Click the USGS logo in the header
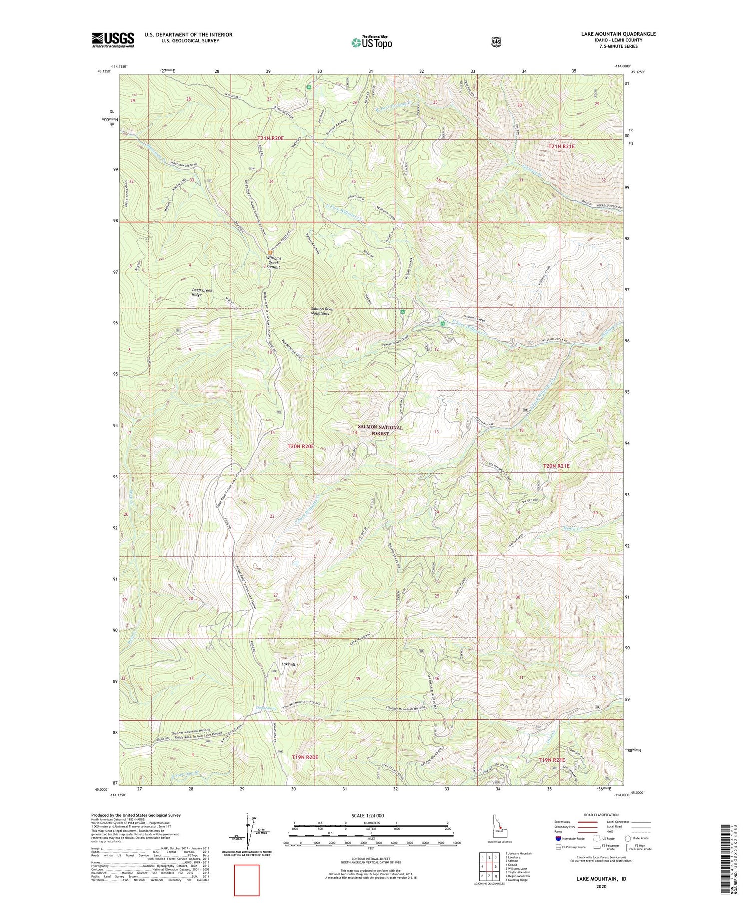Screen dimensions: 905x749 (113, 40)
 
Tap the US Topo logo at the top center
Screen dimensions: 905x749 (372, 42)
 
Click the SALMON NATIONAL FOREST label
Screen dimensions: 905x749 (380, 430)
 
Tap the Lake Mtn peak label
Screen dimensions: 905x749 (290, 664)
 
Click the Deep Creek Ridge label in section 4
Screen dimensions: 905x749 (202, 292)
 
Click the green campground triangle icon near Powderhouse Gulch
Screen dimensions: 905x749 (402, 312)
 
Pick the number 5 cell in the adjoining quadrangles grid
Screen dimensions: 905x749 (495, 866)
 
